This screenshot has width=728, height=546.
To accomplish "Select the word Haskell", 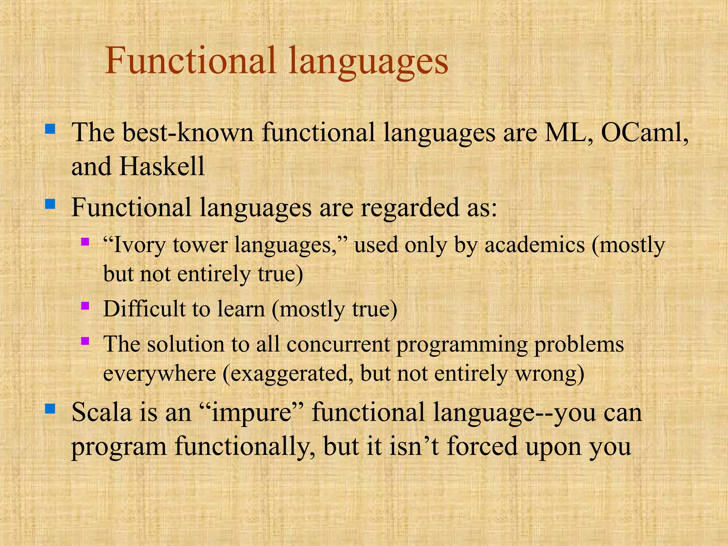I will [162, 166].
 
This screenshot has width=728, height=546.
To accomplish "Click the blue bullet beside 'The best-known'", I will [50, 128].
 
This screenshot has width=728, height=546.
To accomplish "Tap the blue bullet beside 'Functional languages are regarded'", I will [50, 204].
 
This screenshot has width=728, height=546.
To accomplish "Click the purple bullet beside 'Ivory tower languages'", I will [85, 242].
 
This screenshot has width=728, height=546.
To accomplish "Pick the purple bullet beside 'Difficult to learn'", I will [85, 305].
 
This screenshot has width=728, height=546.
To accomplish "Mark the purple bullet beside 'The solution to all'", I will [85, 341].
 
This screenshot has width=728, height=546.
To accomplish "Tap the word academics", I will [535, 245].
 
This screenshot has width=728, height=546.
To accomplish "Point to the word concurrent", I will [338, 344].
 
